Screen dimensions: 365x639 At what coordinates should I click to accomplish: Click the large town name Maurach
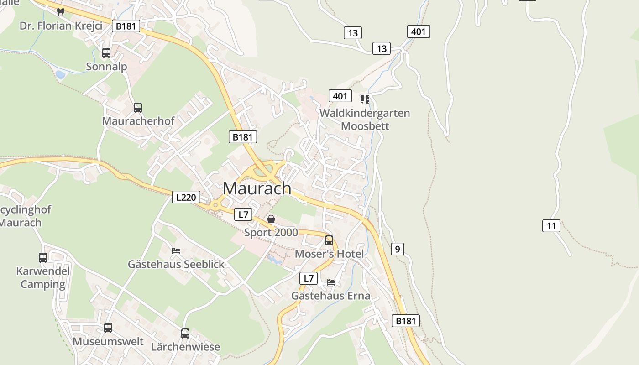click(257, 188)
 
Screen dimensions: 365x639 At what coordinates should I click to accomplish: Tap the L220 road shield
click(186, 197)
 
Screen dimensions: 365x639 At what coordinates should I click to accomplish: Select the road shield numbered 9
click(397, 249)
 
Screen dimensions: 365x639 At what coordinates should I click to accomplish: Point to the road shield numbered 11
click(551, 225)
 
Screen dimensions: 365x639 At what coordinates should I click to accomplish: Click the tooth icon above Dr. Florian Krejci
click(61, 12)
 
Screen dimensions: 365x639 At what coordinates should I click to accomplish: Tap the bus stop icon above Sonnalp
click(106, 53)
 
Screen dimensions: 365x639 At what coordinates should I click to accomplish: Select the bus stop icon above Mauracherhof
click(138, 108)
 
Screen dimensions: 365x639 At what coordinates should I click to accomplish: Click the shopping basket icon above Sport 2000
click(271, 219)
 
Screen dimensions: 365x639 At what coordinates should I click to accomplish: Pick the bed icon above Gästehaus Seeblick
click(176, 250)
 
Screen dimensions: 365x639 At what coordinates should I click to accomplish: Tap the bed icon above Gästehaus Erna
click(331, 282)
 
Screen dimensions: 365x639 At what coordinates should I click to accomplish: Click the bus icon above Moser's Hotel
click(329, 240)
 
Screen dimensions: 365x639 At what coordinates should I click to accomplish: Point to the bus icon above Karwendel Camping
click(43, 258)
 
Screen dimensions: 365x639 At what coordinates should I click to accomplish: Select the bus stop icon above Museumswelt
click(108, 328)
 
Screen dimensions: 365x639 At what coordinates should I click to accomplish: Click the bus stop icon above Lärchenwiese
click(185, 334)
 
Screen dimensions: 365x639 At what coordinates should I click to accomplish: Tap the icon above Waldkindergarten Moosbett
click(365, 99)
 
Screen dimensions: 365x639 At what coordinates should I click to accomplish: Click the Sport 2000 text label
click(271, 233)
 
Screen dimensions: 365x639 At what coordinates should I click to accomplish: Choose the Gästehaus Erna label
click(331, 296)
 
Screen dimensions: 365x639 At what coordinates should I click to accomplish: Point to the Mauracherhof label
click(138, 121)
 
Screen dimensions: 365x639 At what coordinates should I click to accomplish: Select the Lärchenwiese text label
click(185, 347)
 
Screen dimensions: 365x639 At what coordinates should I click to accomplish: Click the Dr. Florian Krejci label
click(61, 26)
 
